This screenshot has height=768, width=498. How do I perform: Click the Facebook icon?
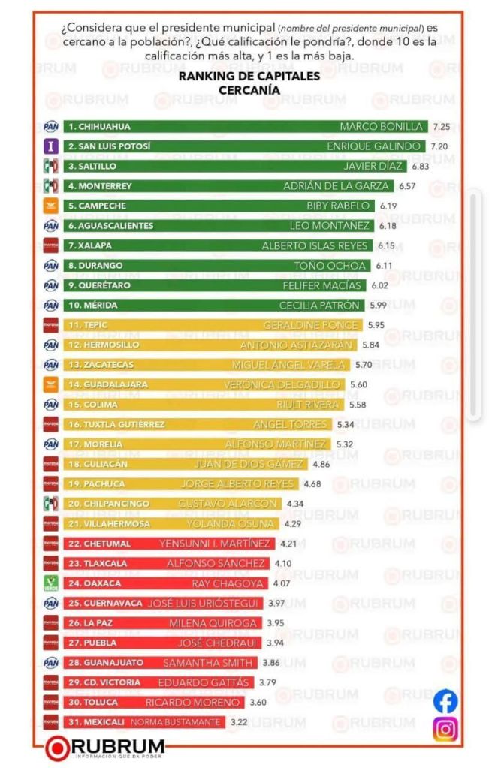445,700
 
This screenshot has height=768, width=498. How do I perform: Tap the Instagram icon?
445,729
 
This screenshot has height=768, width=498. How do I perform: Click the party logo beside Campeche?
51,206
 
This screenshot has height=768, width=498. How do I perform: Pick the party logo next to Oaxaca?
51,583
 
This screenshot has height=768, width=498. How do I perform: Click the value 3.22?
239,721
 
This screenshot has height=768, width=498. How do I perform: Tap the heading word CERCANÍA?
249,90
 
